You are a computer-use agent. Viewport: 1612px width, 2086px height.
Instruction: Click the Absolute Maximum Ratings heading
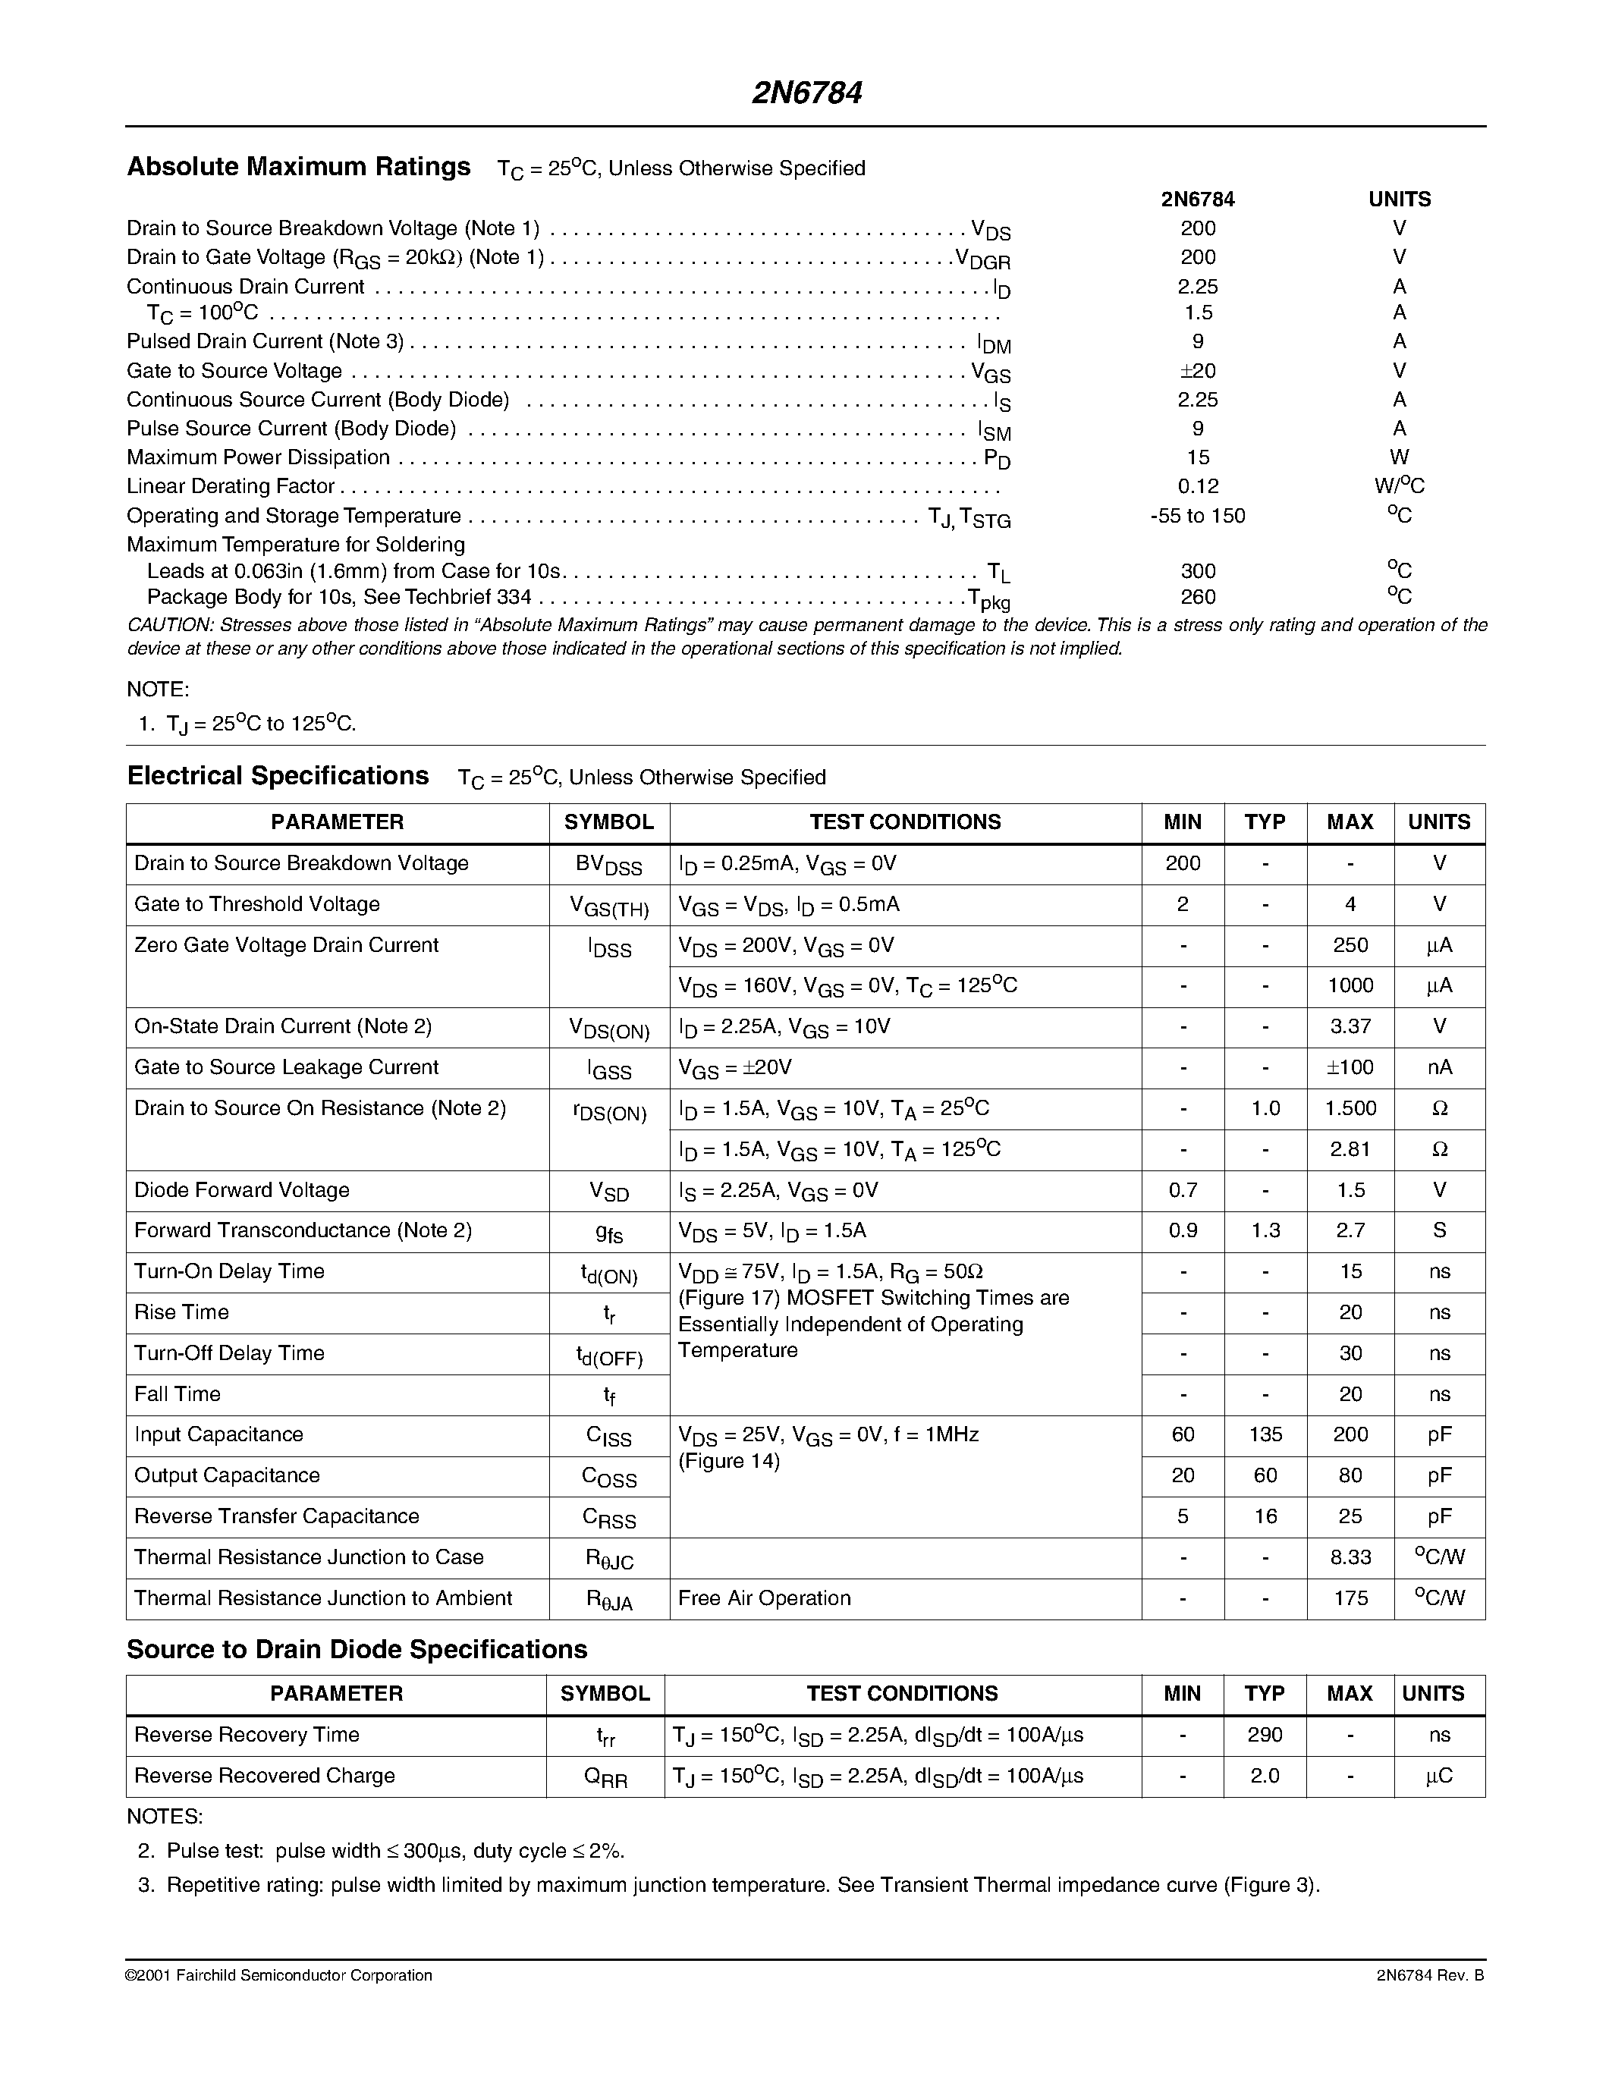click(x=298, y=167)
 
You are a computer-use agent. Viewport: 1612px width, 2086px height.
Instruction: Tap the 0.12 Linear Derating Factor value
click(x=1198, y=486)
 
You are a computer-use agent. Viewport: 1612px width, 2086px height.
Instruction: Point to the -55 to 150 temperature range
click(x=1198, y=516)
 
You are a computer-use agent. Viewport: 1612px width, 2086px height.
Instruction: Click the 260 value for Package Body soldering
click(x=1198, y=597)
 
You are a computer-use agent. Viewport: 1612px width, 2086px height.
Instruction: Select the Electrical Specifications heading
click(x=277, y=775)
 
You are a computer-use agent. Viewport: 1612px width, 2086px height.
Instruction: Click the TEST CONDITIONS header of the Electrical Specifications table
click(x=904, y=822)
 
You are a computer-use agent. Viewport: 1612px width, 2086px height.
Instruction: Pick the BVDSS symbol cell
click(x=608, y=865)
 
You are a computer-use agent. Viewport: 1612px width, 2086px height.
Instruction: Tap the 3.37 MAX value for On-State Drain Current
click(x=1350, y=1027)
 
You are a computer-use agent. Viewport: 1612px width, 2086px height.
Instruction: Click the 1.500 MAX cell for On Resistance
click(x=1350, y=1109)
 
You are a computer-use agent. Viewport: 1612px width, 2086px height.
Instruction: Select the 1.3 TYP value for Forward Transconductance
click(x=1265, y=1231)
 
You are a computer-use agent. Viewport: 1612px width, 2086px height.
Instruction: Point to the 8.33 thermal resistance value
click(x=1350, y=1558)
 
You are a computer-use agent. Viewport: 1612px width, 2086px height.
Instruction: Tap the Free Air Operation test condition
click(x=764, y=1599)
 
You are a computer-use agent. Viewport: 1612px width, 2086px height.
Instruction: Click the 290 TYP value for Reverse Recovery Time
click(x=1265, y=1735)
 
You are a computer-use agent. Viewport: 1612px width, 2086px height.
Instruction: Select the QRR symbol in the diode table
click(x=605, y=1777)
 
